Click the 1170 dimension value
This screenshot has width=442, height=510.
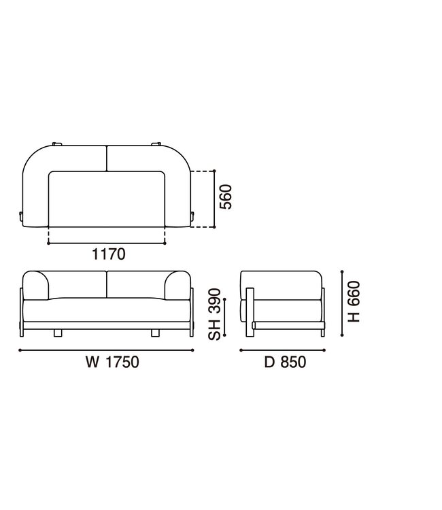click(107, 254)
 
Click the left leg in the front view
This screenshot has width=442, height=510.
click(59, 333)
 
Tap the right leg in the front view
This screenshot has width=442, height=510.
click(155, 333)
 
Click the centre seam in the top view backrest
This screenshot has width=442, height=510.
click(107, 158)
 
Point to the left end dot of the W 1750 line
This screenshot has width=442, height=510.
click(20, 351)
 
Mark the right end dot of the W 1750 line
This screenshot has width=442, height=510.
click(194, 351)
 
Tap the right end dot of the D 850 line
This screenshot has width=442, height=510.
click(325, 351)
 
